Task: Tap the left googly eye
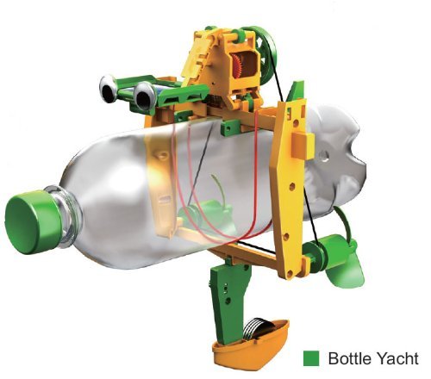pyautogui.click(x=108, y=89)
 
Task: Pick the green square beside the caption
pyautogui.click(x=311, y=358)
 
